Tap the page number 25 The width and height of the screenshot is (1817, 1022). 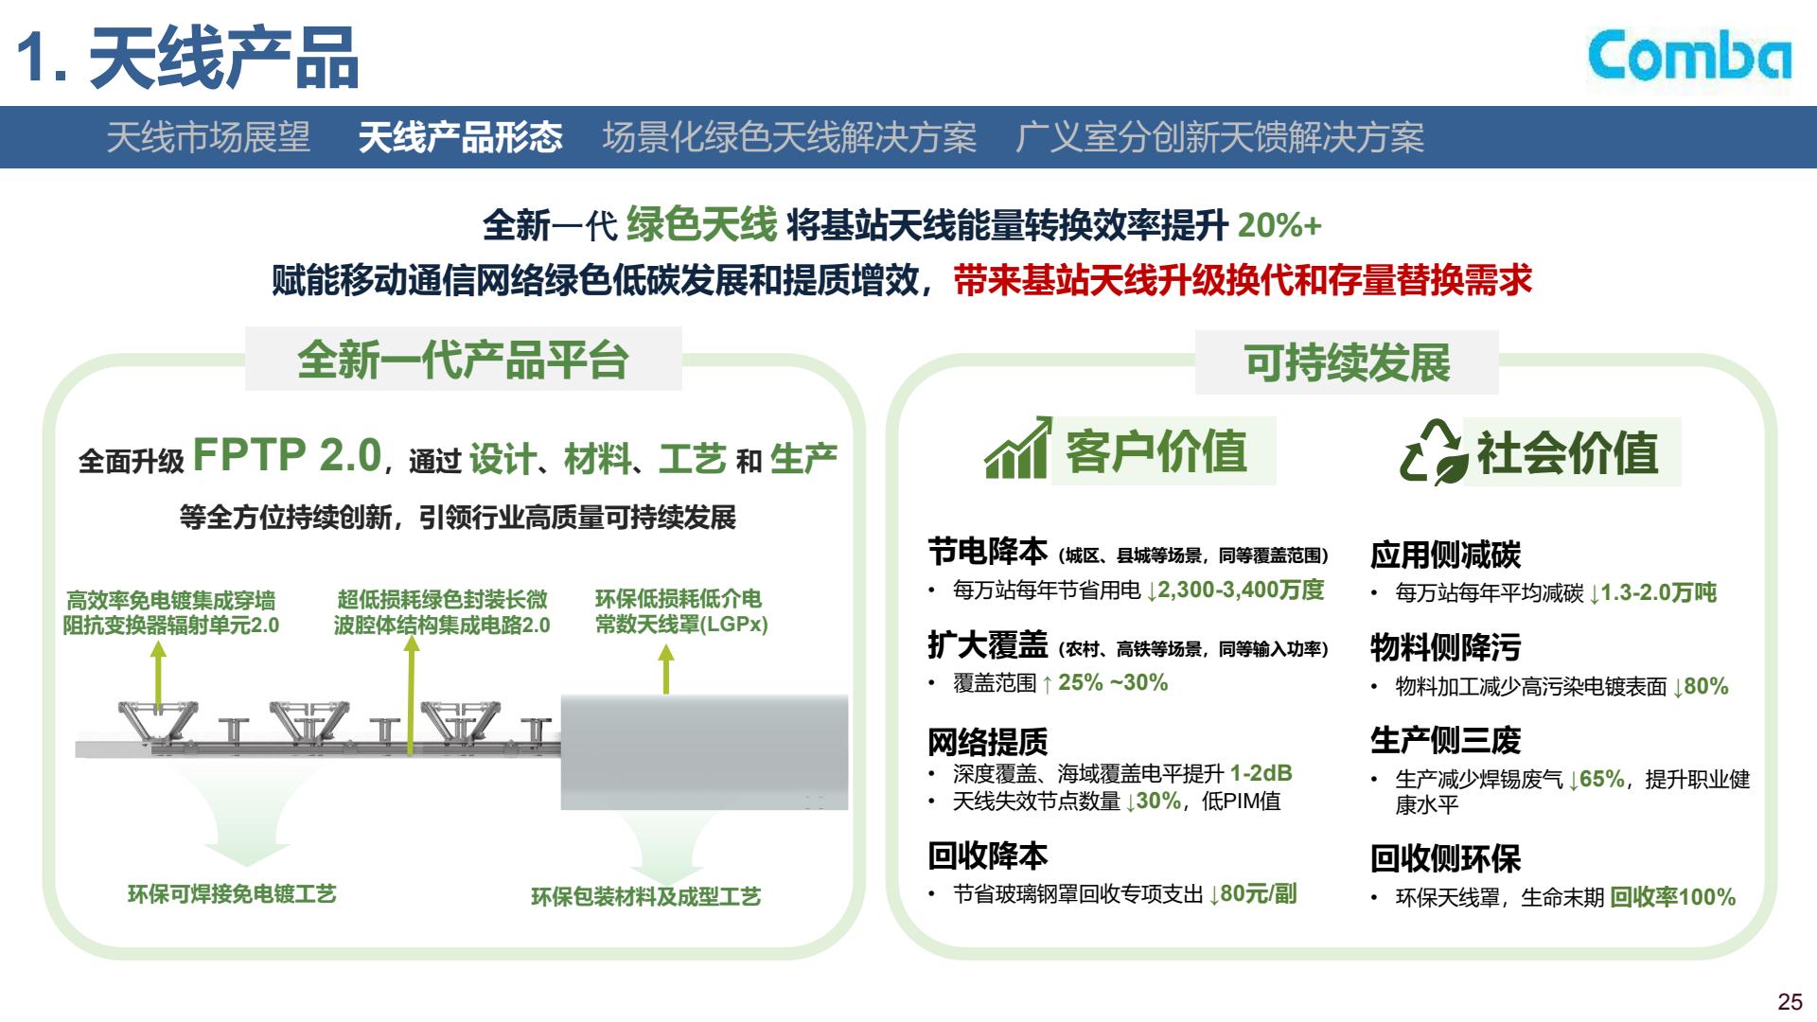coord(1790,1002)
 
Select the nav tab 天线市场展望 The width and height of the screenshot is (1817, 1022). coord(208,137)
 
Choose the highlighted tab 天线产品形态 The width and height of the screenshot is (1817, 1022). coord(460,137)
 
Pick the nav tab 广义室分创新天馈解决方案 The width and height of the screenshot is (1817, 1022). coord(1220,137)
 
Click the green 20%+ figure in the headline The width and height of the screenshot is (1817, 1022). coord(1279,225)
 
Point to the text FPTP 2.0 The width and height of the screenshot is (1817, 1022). coord(287,455)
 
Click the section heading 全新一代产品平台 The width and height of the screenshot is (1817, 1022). coord(463,360)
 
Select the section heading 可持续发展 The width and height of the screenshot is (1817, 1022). coord(1347,362)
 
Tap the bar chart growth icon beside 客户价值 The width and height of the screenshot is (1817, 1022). coord(1018,448)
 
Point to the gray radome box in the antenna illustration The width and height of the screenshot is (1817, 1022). coord(704,752)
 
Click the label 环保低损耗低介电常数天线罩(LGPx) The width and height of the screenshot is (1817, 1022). coord(680,611)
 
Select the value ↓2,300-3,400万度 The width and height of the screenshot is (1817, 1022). coord(1235,590)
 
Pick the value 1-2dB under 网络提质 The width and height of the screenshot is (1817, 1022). coord(1261,773)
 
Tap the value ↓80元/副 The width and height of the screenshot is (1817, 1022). coord(1253,894)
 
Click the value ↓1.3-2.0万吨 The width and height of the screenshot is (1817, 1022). coord(1652,593)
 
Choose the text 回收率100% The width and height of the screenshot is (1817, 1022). coord(1673,897)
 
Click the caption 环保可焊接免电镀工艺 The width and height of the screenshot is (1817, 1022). coord(232,894)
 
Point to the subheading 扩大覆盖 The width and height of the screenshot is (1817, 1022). coord(988,645)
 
